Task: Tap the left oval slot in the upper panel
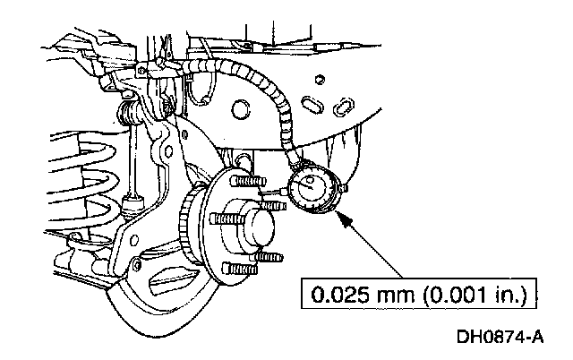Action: pos(309,106)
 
